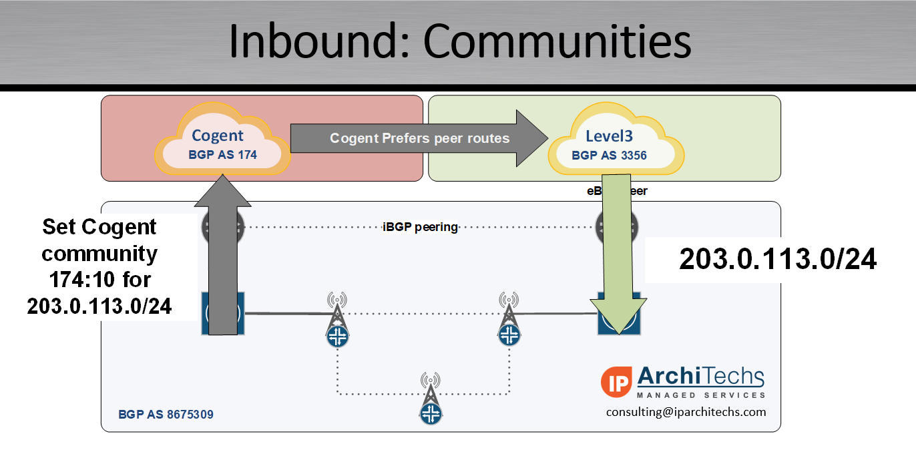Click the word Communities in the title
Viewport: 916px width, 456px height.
pyautogui.click(x=557, y=41)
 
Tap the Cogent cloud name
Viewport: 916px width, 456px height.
pyautogui.click(x=218, y=136)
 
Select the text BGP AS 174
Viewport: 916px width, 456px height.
pyautogui.click(x=223, y=156)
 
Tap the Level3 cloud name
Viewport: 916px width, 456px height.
pyautogui.click(x=609, y=136)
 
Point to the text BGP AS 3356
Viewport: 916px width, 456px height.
pyautogui.click(x=609, y=156)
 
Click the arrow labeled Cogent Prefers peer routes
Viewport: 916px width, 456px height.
pyautogui.click(x=419, y=139)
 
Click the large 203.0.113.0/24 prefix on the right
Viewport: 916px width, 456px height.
pyautogui.click(x=778, y=260)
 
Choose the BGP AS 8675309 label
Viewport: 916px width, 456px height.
pyautogui.click(x=166, y=415)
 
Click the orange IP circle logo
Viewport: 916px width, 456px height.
pyautogui.click(x=616, y=380)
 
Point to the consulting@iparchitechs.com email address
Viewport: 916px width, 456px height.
pyautogui.click(x=686, y=412)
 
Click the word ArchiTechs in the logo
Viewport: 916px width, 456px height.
pyautogui.click(x=700, y=377)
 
